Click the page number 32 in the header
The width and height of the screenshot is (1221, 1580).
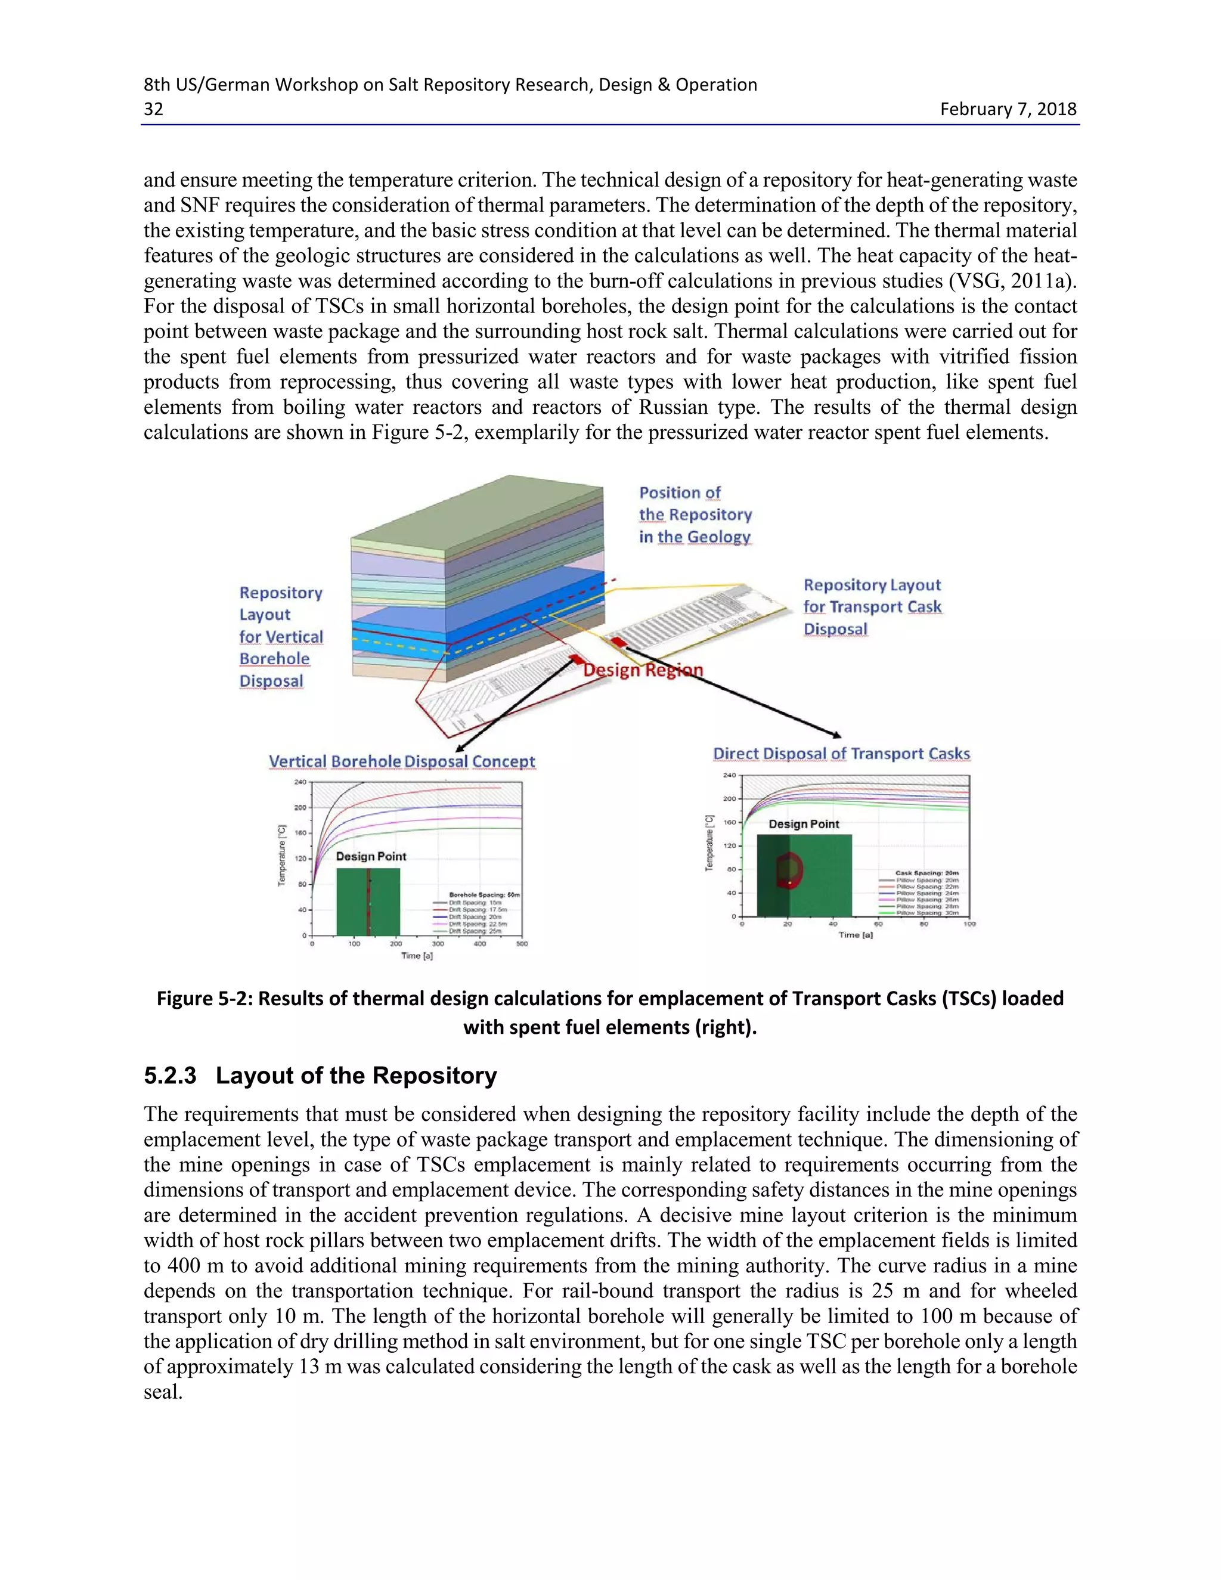(153, 109)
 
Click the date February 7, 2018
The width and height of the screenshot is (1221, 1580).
(1008, 109)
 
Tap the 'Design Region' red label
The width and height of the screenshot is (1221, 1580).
(642, 670)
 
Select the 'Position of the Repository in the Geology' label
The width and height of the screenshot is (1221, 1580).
(695, 515)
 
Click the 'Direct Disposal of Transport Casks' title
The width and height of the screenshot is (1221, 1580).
(841, 753)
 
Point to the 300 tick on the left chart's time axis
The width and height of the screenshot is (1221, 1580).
(438, 943)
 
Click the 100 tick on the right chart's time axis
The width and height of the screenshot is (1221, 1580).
(969, 924)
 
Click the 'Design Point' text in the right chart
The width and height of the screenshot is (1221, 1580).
(804, 824)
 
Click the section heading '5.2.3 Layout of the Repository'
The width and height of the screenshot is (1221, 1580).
(320, 1075)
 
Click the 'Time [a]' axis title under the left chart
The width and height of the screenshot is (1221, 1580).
(417, 956)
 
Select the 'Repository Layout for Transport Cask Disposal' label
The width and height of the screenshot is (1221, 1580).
(872, 607)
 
